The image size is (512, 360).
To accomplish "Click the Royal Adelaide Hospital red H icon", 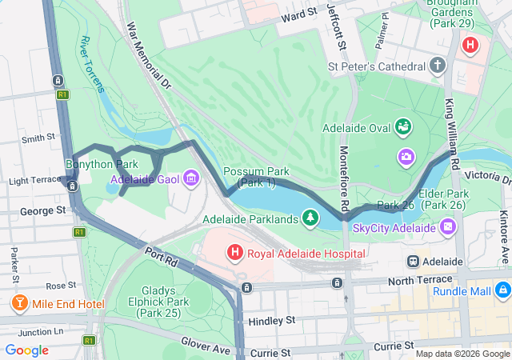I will (x=235, y=254).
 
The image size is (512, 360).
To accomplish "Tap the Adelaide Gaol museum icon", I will (x=190, y=177).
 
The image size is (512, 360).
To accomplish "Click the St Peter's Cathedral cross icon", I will (x=437, y=65).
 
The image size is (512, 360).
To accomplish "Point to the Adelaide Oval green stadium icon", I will (x=405, y=127).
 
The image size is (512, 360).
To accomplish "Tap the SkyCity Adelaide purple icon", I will (x=447, y=229).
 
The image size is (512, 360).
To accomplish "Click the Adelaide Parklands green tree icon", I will (x=310, y=218).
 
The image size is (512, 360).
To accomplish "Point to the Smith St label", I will (x=37, y=138).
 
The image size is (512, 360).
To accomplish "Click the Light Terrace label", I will (x=30, y=182).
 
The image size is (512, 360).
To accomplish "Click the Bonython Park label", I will (x=96, y=164).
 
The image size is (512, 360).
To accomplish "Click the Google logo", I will (x=27, y=350).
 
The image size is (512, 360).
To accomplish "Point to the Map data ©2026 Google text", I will (x=462, y=354).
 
